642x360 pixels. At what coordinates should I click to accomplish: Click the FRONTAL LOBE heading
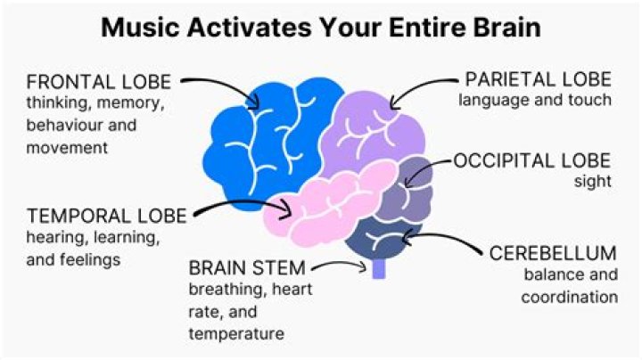click(x=98, y=82)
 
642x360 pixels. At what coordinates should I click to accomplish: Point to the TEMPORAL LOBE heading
click(x=107, y=216)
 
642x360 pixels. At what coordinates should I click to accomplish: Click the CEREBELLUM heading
click(x=553, y=253)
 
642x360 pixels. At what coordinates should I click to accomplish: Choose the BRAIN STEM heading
click(x=247, y=266)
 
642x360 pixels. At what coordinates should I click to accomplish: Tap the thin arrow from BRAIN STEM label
click(x=343, y=265)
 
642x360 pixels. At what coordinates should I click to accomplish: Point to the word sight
click(x=594, y=183)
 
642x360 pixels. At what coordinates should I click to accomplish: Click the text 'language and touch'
click(x=535, y=100)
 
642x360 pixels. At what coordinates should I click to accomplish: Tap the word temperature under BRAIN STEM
click(x=236, y=333)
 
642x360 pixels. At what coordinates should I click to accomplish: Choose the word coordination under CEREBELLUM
click(x=570, y=297)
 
